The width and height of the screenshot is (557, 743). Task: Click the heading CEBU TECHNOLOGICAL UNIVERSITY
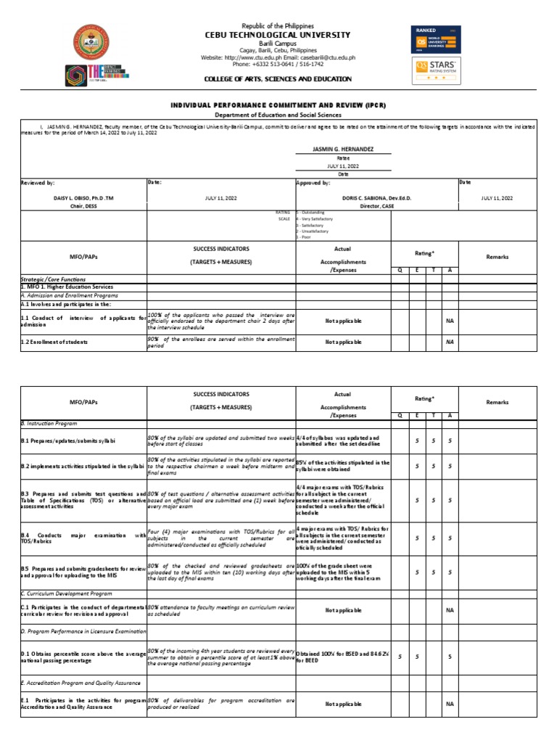[278, 35]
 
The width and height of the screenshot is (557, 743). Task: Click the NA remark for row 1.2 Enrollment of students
[450, 342]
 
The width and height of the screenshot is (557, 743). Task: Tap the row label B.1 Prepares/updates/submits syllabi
[68, 441]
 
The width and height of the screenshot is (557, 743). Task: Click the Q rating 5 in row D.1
[399, 657]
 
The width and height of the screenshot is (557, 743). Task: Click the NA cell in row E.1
[450, 704]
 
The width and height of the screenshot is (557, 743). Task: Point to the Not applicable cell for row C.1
[343, 610]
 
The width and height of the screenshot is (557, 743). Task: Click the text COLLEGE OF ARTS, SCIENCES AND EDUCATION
[278, 79]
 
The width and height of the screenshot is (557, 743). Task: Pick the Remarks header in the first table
[498, 257]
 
